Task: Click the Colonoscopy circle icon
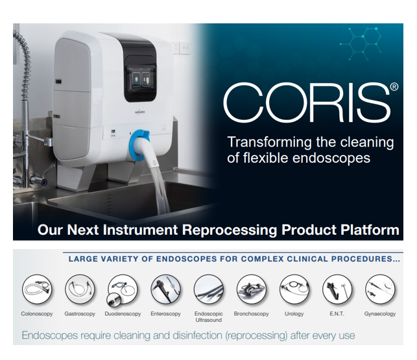37,289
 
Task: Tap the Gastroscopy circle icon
80,289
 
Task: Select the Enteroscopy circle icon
165,289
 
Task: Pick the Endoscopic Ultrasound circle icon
209,289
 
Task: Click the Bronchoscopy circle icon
252,289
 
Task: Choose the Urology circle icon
294,289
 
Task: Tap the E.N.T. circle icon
337,289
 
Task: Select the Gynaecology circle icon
380,289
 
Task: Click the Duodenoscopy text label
123,314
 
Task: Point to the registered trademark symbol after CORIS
394,87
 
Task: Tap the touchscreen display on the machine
141,78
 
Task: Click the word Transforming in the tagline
269,142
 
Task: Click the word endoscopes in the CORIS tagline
331,158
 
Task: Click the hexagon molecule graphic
361,43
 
